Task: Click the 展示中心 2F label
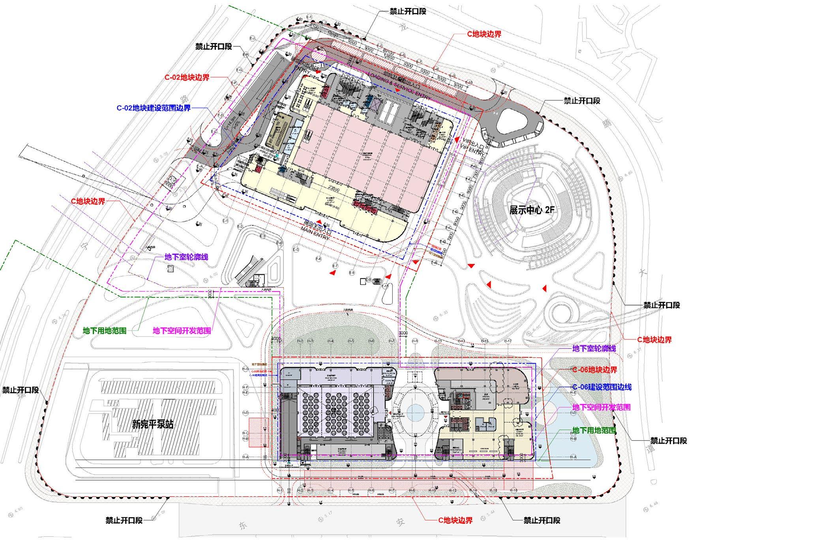[531, 210]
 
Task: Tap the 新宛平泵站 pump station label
[153, 424]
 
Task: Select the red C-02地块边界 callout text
[187, 78]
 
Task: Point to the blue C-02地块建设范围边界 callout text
[154, 108]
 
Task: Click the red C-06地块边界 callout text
[595, 370]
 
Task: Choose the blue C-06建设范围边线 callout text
[602, 387]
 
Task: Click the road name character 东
[242, 525]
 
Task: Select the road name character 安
[400, 522]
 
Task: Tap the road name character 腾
[607, 123]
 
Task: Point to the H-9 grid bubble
[415, 341]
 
